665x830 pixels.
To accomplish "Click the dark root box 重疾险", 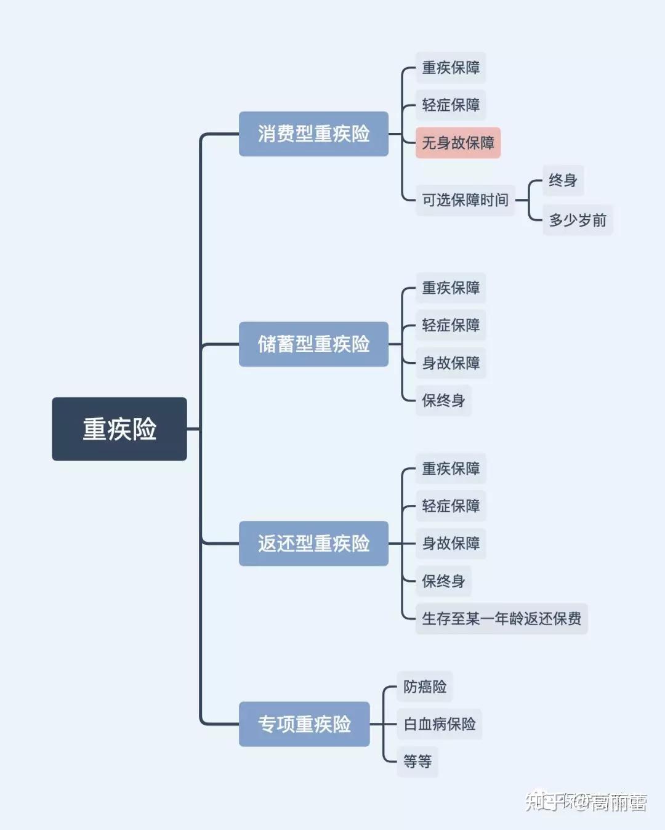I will pyautogui.click(x=119, y=429).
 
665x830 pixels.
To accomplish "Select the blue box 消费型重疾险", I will pyautogui.click(x=313, y=134).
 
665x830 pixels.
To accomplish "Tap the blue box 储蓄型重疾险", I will pyautogui.click(x=313, y=344).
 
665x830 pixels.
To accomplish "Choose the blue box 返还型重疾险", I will pyautogui.click(x=313, y=544).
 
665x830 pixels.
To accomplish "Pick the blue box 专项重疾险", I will pyautogui.click(x=304, y=724).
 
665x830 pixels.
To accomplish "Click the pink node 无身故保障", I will pyautogui.click(x=457, y=143).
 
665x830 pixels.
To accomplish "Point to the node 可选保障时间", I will pyautogui.click(x=465, y=200).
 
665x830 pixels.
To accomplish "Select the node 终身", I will pyautogui.click(x=563, y=180).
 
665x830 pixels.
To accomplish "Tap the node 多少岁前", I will pyautogui.click(x=577, y=220).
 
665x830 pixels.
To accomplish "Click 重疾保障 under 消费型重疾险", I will pyautogui.click(x=451, y=68).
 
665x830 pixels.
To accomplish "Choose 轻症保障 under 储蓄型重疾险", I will pyautogui.click(x=451, y=325).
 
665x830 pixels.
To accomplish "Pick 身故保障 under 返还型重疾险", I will pyautogui.click(x=451, y=544).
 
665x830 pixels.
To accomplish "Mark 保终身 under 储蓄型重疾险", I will pyautogui.click(x=443, y=400).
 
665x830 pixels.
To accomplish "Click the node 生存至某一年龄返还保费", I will pyautogui.click(x=501, y=619).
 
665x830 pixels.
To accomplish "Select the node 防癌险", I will pyautogui.click(x=425, y=687).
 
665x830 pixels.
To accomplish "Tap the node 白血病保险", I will pyautogui.click(x=439, y=724).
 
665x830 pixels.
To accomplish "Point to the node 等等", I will pyautogui.click(x=417, y=762).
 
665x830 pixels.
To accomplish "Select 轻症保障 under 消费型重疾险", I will pyautogui.click(x=451, y=105).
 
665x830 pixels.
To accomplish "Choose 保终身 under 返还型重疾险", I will pyautogui.click(x=443, y=581).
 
